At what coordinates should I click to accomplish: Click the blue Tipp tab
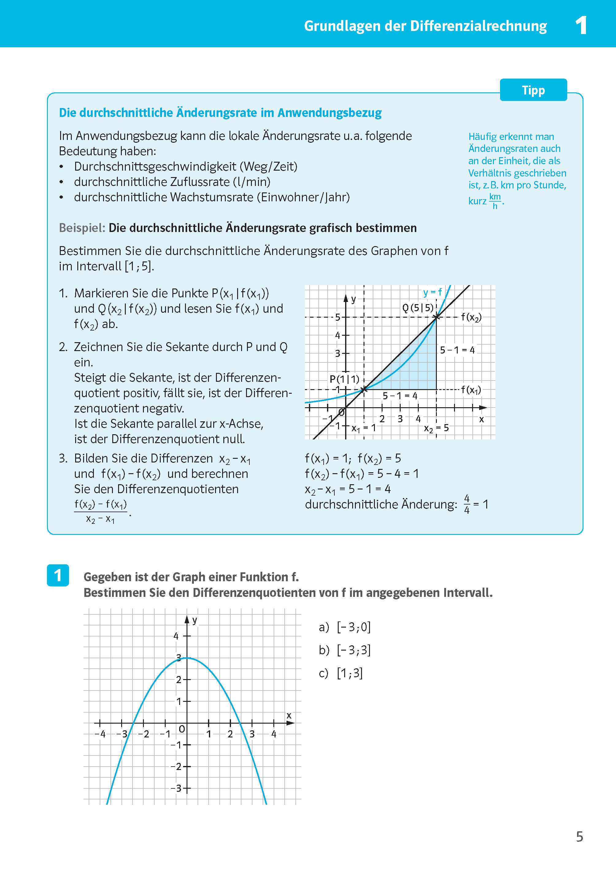pos(533,90)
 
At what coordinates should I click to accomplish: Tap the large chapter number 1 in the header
pos(581,25)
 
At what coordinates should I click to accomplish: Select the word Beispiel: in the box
pos(82,228)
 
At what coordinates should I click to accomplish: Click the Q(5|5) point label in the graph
pos(417,308)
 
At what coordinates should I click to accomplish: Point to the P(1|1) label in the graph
pos(344,379)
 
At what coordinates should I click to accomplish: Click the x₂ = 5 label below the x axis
pos(436,428)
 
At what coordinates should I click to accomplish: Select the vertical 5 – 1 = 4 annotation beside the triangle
pos(457,350)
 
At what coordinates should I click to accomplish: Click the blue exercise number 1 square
pos(58,575)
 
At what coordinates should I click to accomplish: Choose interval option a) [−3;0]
pos(345,627)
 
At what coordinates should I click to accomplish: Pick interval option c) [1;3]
pos(340,673)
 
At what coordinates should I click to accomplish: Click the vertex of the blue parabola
pos(187,658)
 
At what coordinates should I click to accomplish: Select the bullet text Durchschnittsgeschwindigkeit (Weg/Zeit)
pos(186,166)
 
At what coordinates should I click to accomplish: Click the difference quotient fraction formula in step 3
pos(101,511)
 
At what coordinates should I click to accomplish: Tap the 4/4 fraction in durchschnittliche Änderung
pos(467,504)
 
